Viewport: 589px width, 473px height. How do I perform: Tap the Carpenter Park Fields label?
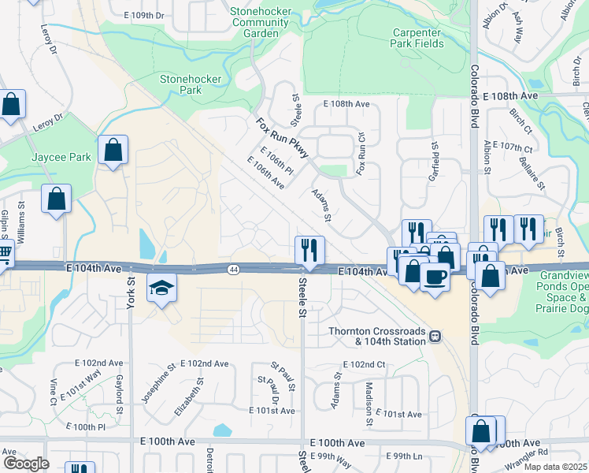[417, 38]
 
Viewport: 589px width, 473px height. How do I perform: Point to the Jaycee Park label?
[61, 157]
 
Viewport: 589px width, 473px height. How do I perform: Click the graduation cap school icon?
[161, 289]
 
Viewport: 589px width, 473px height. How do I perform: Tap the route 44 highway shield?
[233, 270]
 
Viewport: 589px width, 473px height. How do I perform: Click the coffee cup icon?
[435, 277]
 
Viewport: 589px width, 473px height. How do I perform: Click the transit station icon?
[434, 337]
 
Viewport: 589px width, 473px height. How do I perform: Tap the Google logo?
[26, 463]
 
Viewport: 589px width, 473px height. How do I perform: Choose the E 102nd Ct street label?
[364, 365]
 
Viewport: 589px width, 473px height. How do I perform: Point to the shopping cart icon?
[4, 255]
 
